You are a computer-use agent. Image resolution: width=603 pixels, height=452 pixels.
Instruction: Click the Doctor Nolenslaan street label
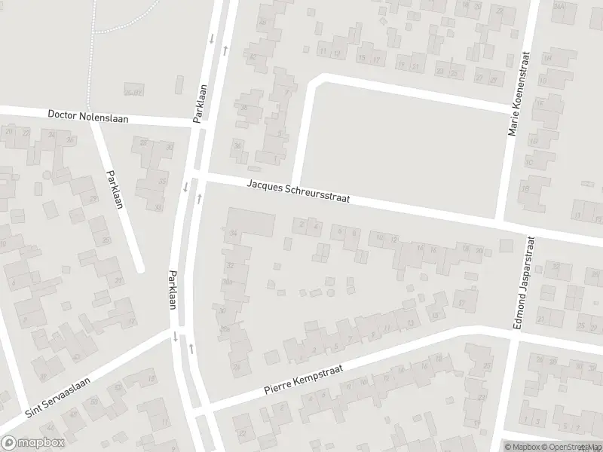[x=88, y=117]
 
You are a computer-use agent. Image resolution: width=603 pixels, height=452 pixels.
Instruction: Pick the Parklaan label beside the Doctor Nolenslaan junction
[x=200, y=103]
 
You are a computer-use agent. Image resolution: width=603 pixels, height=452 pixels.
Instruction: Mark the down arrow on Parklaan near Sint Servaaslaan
[x=175, y=336]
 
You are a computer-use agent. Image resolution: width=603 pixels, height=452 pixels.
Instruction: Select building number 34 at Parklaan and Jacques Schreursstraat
[x=234, y=234]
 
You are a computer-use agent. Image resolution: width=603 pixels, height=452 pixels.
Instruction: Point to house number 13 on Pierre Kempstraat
[x=409, y=323]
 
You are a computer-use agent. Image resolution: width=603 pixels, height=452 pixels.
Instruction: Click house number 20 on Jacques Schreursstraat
[x=479, y=250]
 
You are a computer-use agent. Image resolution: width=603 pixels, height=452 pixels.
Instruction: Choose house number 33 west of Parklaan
[x=161, y=182]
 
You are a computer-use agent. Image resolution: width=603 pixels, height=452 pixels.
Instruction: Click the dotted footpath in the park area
[x=93, y=23]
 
